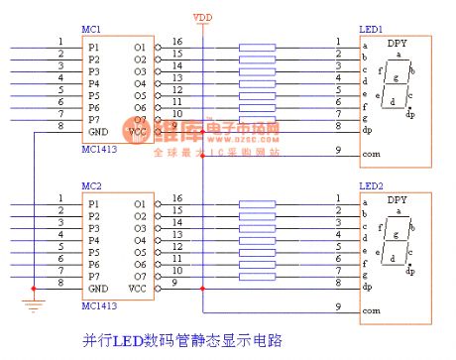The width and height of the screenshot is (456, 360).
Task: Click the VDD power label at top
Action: pos(201,18)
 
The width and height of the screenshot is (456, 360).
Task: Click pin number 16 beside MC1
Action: pos(176,42)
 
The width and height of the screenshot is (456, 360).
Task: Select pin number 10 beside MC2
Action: pos(176,270)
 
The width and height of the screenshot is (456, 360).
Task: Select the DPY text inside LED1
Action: pos(397,45)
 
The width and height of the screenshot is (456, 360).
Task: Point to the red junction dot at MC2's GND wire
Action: pos(36,288)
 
